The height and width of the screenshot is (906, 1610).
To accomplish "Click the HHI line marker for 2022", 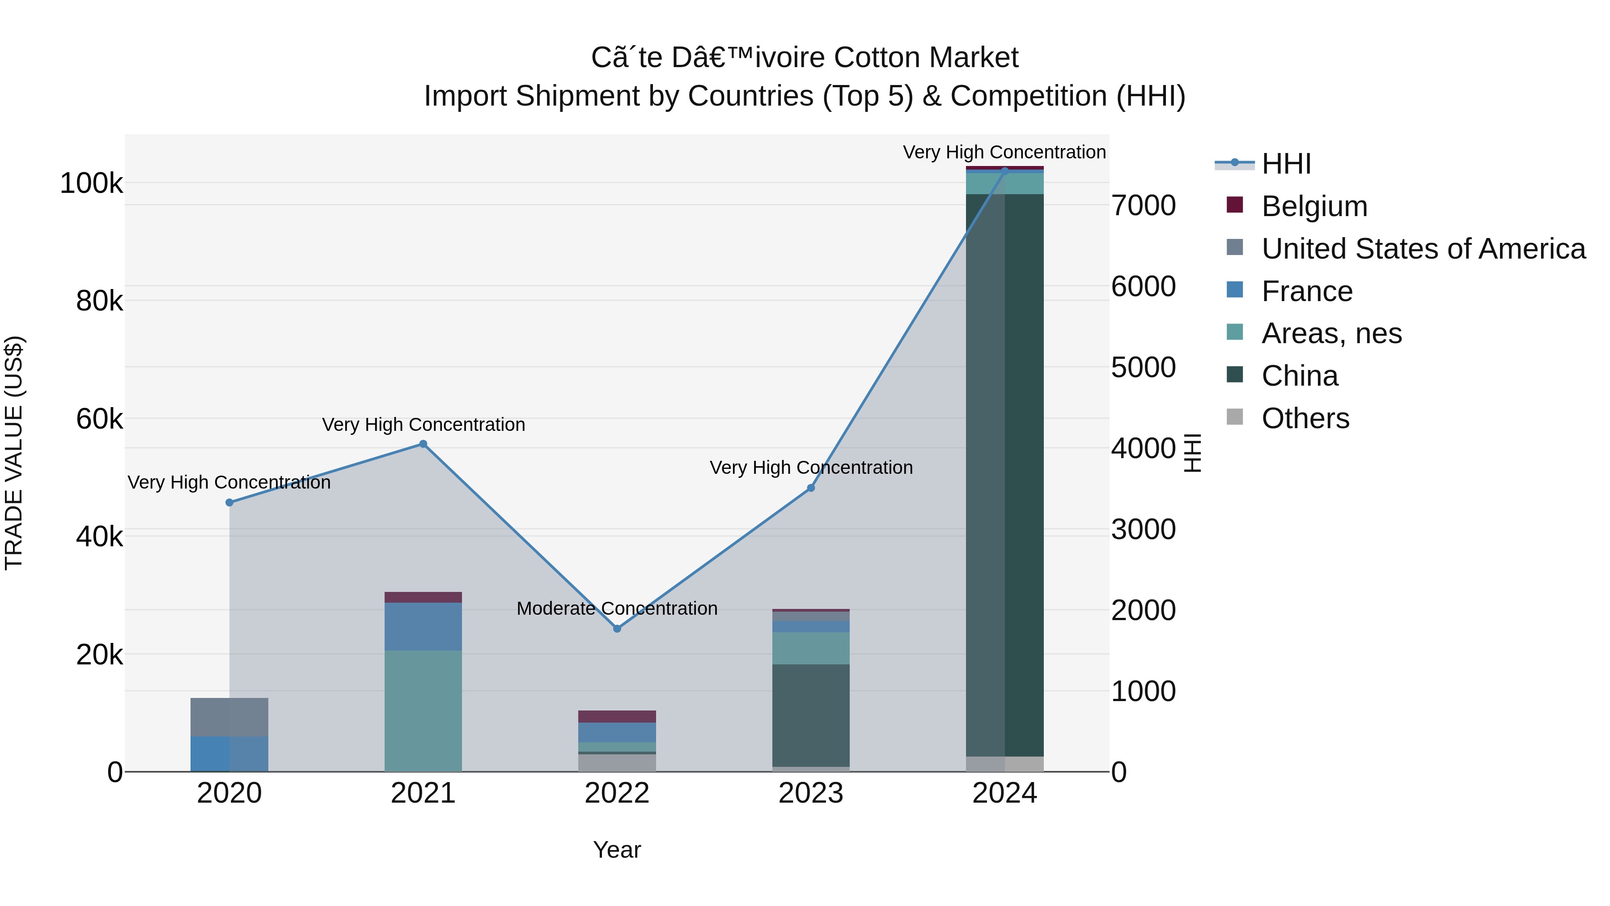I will tap(617, 629).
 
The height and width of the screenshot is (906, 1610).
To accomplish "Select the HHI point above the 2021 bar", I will tap(423, 444).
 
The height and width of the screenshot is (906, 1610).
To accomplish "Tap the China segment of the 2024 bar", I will tap(1005, 475).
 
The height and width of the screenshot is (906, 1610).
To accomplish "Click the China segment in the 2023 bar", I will tap(811, 715).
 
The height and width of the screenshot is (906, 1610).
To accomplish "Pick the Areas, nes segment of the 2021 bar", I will tap(423, 710).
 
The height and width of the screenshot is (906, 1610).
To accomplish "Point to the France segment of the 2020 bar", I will tap(229, 754).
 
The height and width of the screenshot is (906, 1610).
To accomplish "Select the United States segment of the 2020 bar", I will tap(229, 717).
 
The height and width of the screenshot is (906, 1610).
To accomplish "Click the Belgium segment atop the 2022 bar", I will tap(617, 717).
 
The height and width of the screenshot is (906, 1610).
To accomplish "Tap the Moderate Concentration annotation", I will tap(617, 608).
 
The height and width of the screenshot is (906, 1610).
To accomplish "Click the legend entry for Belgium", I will tap(1314, 206).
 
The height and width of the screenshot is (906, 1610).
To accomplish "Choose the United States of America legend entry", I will tap(1423, 249).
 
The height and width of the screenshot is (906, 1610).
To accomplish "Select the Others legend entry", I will tap(1305, 418).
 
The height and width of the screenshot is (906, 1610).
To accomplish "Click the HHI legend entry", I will tap(1286, 164).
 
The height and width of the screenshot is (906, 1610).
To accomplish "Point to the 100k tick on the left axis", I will tap(91, 184).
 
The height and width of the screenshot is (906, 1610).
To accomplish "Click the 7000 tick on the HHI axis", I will tap(1143, 206).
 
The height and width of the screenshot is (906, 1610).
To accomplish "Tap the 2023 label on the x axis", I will tap(811, 793).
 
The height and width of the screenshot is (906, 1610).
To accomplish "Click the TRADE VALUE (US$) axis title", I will tap(14, 453).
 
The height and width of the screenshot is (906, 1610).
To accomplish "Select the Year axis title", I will tap(617, 850).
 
